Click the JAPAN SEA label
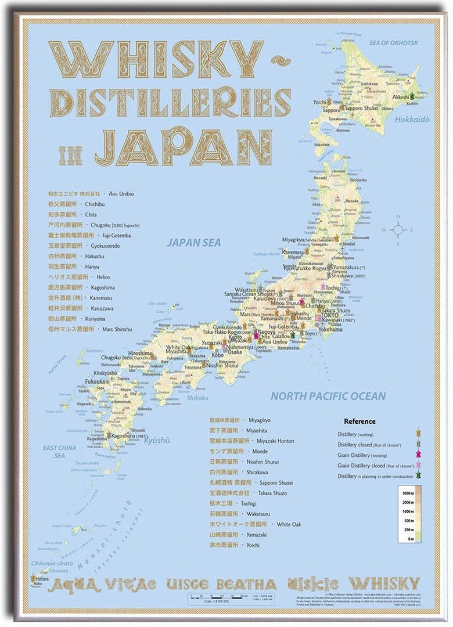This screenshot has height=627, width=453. point(194,243)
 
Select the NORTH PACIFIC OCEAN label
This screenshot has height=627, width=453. point(328,396)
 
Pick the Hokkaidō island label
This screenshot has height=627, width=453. point(413,120)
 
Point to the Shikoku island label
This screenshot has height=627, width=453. point(197,398)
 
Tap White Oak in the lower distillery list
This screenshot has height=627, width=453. point(289,524)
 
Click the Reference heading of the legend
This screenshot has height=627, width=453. point(359,421)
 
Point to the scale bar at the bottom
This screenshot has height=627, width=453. point(227,596)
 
